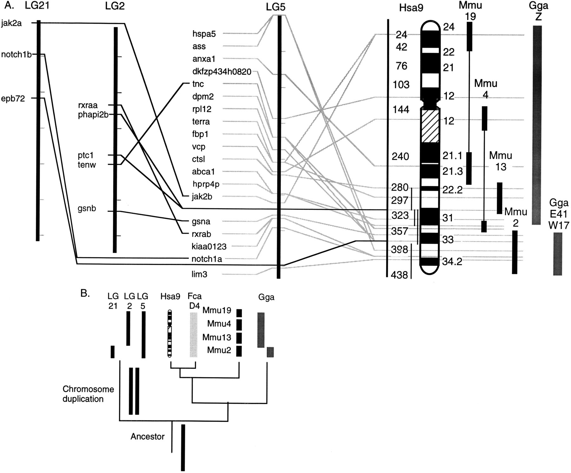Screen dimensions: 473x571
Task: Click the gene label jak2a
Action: click(11, 23)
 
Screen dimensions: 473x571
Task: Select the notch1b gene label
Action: click(16, 54)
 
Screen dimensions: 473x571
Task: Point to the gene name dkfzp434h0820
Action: click(222, 72)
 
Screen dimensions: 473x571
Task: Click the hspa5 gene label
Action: click(204, 34)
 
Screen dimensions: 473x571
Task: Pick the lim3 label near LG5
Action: click(200, 274)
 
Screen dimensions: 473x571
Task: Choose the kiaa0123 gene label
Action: click(210, 246)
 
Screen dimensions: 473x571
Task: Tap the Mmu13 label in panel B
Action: click(219, 337)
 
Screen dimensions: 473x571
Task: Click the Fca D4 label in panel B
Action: click(194, 300)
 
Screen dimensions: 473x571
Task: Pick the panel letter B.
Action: click(85, 293)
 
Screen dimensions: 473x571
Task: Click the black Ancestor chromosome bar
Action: click(183, 447)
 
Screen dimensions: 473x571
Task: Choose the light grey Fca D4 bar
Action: click(193, 335)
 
